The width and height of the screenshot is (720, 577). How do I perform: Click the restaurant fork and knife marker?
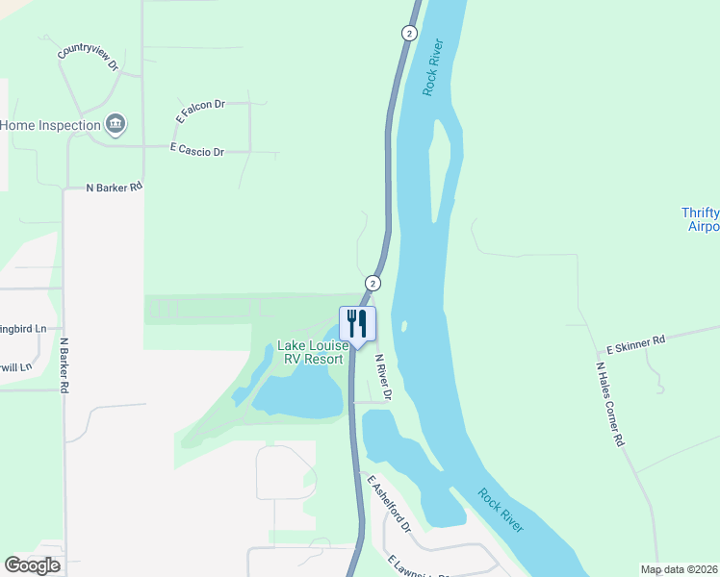(x=357, y=323)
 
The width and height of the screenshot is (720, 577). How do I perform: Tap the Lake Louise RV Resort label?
(x=311, y=352)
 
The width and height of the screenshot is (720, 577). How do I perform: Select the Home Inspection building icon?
(x=116, y=124)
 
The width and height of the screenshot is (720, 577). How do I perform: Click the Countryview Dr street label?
(x=87, y=61)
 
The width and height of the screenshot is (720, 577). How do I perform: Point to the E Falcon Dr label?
(x=199, y=112)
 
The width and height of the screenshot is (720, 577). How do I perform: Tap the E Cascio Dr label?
(x=196, y=151)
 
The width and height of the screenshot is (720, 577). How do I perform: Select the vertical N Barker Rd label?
(x=64, y=364)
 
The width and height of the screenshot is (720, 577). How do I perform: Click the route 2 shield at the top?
(x=409, y=33)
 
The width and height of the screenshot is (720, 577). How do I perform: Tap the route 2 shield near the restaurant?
(x=373, y=283)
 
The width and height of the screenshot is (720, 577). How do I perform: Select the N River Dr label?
(x=383, y=377)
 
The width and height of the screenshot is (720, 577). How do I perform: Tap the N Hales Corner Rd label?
(x=610, y=404)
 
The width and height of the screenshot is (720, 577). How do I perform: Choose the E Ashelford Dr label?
(x=389, y=504)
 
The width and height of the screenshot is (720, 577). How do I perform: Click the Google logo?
(x=33, y=564)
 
